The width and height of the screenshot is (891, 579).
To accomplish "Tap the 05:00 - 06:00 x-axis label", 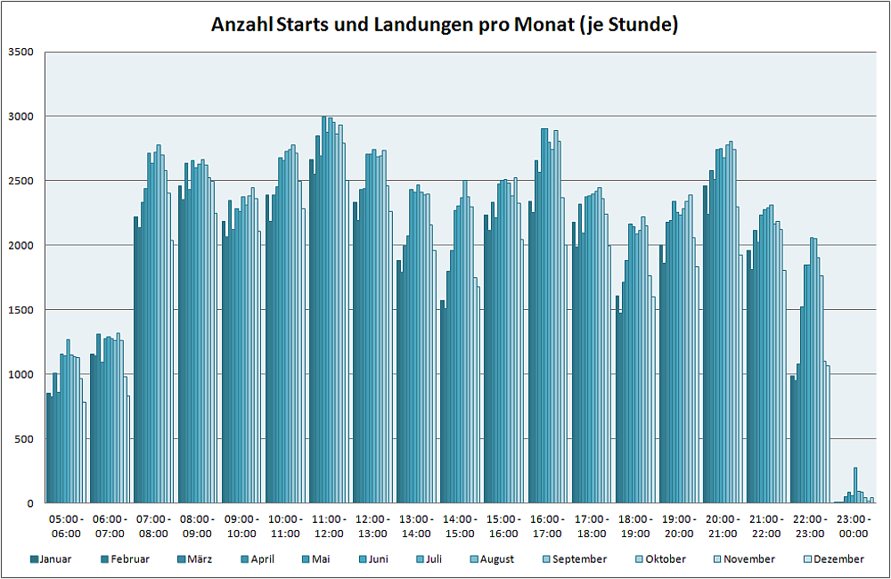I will [65, 526].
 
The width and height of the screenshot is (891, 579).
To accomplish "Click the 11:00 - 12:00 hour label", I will [328, 526].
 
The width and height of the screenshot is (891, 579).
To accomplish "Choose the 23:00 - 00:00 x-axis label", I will [854, 526].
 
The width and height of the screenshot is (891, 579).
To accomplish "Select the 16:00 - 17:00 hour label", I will [547, 526].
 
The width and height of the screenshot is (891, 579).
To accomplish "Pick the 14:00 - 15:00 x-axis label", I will [460, 526].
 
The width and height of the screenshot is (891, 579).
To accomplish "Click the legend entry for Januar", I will [53, 559].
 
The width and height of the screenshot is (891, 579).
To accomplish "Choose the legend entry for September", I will [579, 559].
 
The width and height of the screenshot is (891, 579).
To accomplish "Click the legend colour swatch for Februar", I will [105, 559].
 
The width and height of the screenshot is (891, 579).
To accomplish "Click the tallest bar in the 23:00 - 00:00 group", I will [855, 485].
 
